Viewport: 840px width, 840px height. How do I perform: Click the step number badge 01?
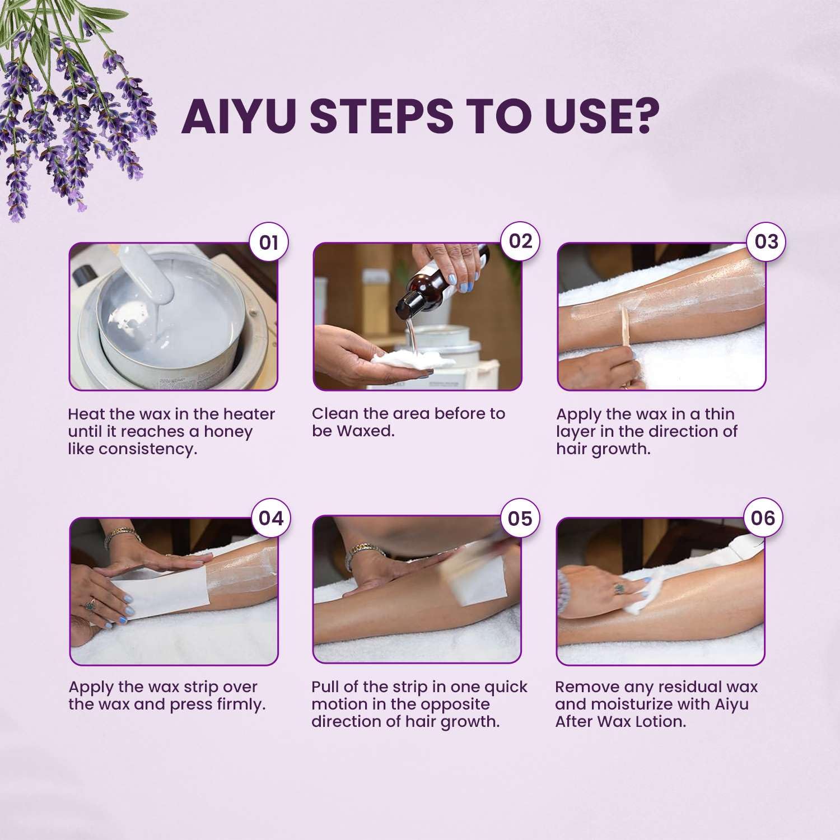point(269,242)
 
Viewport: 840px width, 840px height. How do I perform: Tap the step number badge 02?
point(520,241)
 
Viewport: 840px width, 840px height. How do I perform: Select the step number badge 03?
point(766,242)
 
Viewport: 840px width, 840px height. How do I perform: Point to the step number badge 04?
point(270,518)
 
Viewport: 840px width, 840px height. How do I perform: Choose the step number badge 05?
point(520,518)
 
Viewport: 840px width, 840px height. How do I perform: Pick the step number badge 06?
point(763,517)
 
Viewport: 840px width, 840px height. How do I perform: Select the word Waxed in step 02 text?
point(365,431)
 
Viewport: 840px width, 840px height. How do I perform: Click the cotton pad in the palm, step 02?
point(392,361)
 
